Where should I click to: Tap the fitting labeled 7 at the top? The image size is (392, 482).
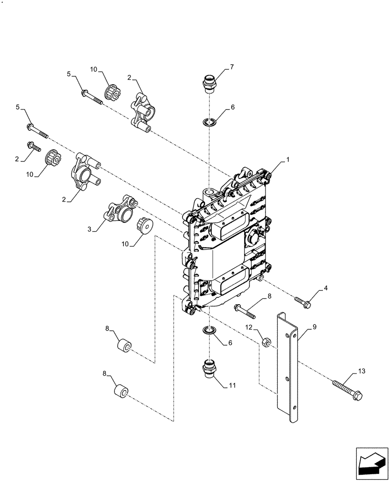(x=209, y=83)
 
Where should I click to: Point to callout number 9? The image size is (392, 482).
(x=314, y=326)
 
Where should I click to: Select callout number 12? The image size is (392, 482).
(x=249, y=327)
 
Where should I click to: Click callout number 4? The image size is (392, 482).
(x=325, y=288)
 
